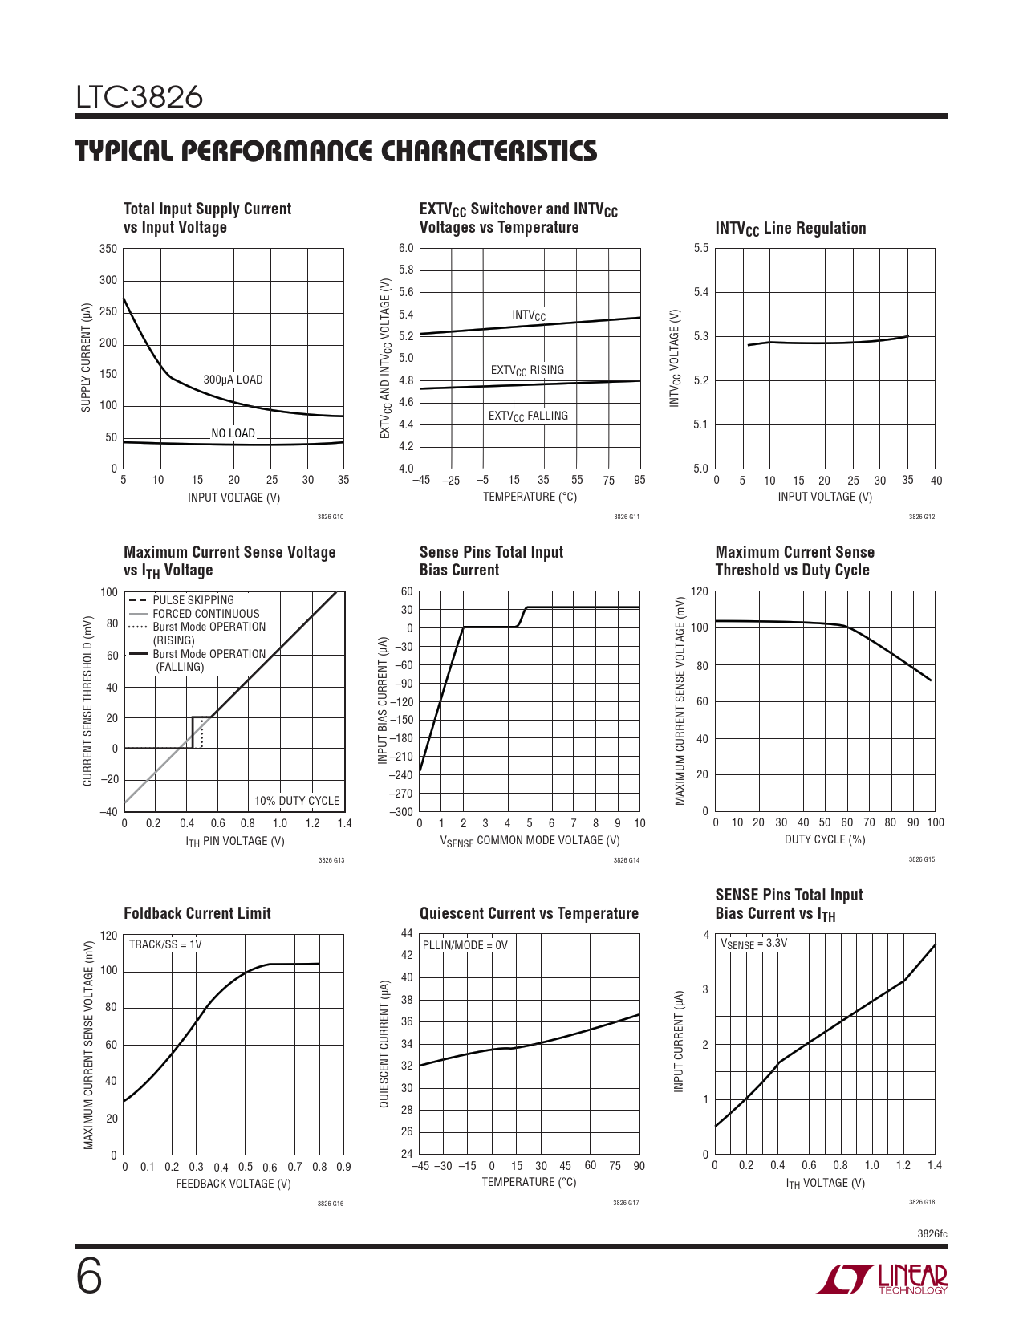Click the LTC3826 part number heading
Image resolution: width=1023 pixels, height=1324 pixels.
pyautogui.click(x=140, y=98)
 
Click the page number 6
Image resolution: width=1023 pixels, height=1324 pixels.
pyautogui.click(x=89, y=1277)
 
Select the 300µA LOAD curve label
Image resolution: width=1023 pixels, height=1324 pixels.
pyautogui.click(x=233, y=380)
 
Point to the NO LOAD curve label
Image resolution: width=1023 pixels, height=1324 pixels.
pyautogui.click(x=233, y=433)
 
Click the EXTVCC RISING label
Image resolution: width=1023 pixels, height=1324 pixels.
pyautogui.click(x=527, y=370)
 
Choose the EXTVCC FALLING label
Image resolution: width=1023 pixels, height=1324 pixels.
pyautogui.click(x=528, y=416)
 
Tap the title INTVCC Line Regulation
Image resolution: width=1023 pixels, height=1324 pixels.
pyautogui.click(x=790, y=228)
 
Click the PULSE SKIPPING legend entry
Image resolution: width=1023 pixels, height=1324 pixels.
pyautogui.click(x=193, y=600)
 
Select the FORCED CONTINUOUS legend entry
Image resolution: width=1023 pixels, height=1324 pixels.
pyautogui.click(x=206, y=614)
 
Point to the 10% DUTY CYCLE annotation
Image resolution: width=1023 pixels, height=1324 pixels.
pyautogui.click(x=297, y=801)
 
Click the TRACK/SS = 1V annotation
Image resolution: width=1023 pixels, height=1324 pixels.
pyautogui.click(x=165, y=944)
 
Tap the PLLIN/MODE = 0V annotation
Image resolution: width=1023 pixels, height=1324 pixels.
pyautogui.click(x=465, y=945)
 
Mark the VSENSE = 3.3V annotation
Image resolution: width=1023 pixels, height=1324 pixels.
pyautogui.click(x=753, y=944)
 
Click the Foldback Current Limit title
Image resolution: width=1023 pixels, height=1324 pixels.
pyautogui.click(x=197, y=913)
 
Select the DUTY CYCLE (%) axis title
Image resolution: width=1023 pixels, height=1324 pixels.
pyautogui.click(x=825, y=839)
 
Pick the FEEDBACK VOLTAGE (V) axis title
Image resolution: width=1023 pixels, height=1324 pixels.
pyautogui.click(x=233, y=1184)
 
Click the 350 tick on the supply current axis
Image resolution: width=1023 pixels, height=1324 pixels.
pyautogui.click(x=108, y=249)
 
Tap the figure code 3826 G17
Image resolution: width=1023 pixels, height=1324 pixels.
pyautogui.click(x=626, y=1203)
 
